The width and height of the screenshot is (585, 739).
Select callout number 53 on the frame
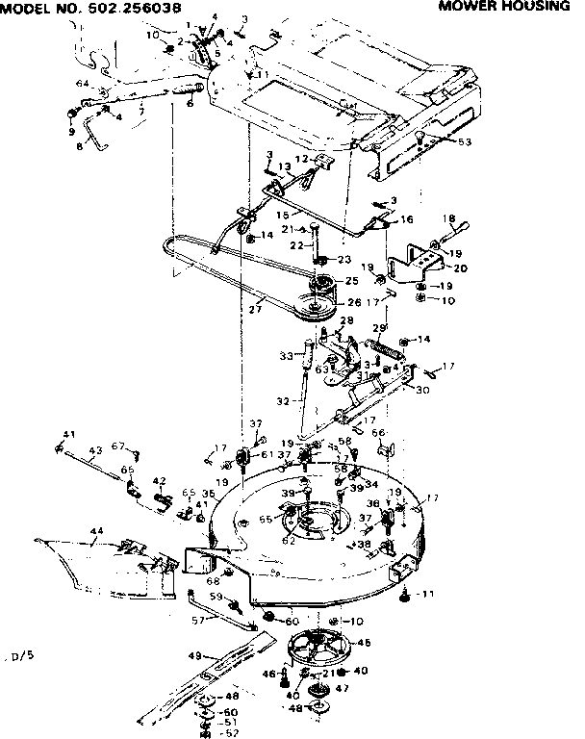466,142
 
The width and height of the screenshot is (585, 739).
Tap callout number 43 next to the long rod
95,450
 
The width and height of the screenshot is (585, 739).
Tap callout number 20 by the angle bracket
460,268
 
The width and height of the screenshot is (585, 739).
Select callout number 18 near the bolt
447,218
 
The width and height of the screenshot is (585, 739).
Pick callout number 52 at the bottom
232,731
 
